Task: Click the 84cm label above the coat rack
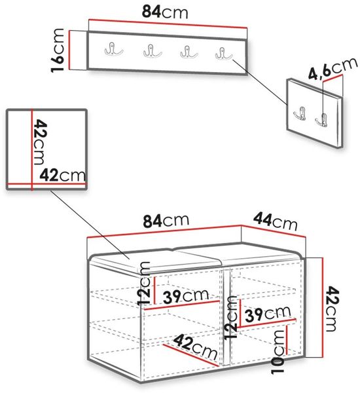165,12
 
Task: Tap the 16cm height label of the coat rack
58,50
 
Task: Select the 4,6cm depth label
333,68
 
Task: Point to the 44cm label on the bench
276,221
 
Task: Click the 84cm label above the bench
166,220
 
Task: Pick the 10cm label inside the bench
278,352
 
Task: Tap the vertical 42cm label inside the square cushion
40,142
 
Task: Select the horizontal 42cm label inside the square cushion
63,175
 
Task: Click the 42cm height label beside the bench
333,309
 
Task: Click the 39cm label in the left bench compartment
186,296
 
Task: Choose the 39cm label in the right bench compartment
268,313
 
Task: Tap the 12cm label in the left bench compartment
144,283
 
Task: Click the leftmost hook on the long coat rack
113,49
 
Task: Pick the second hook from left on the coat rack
153,51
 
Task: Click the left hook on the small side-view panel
300,113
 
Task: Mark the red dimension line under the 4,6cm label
333,78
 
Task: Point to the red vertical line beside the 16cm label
69,50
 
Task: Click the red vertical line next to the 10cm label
287,340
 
